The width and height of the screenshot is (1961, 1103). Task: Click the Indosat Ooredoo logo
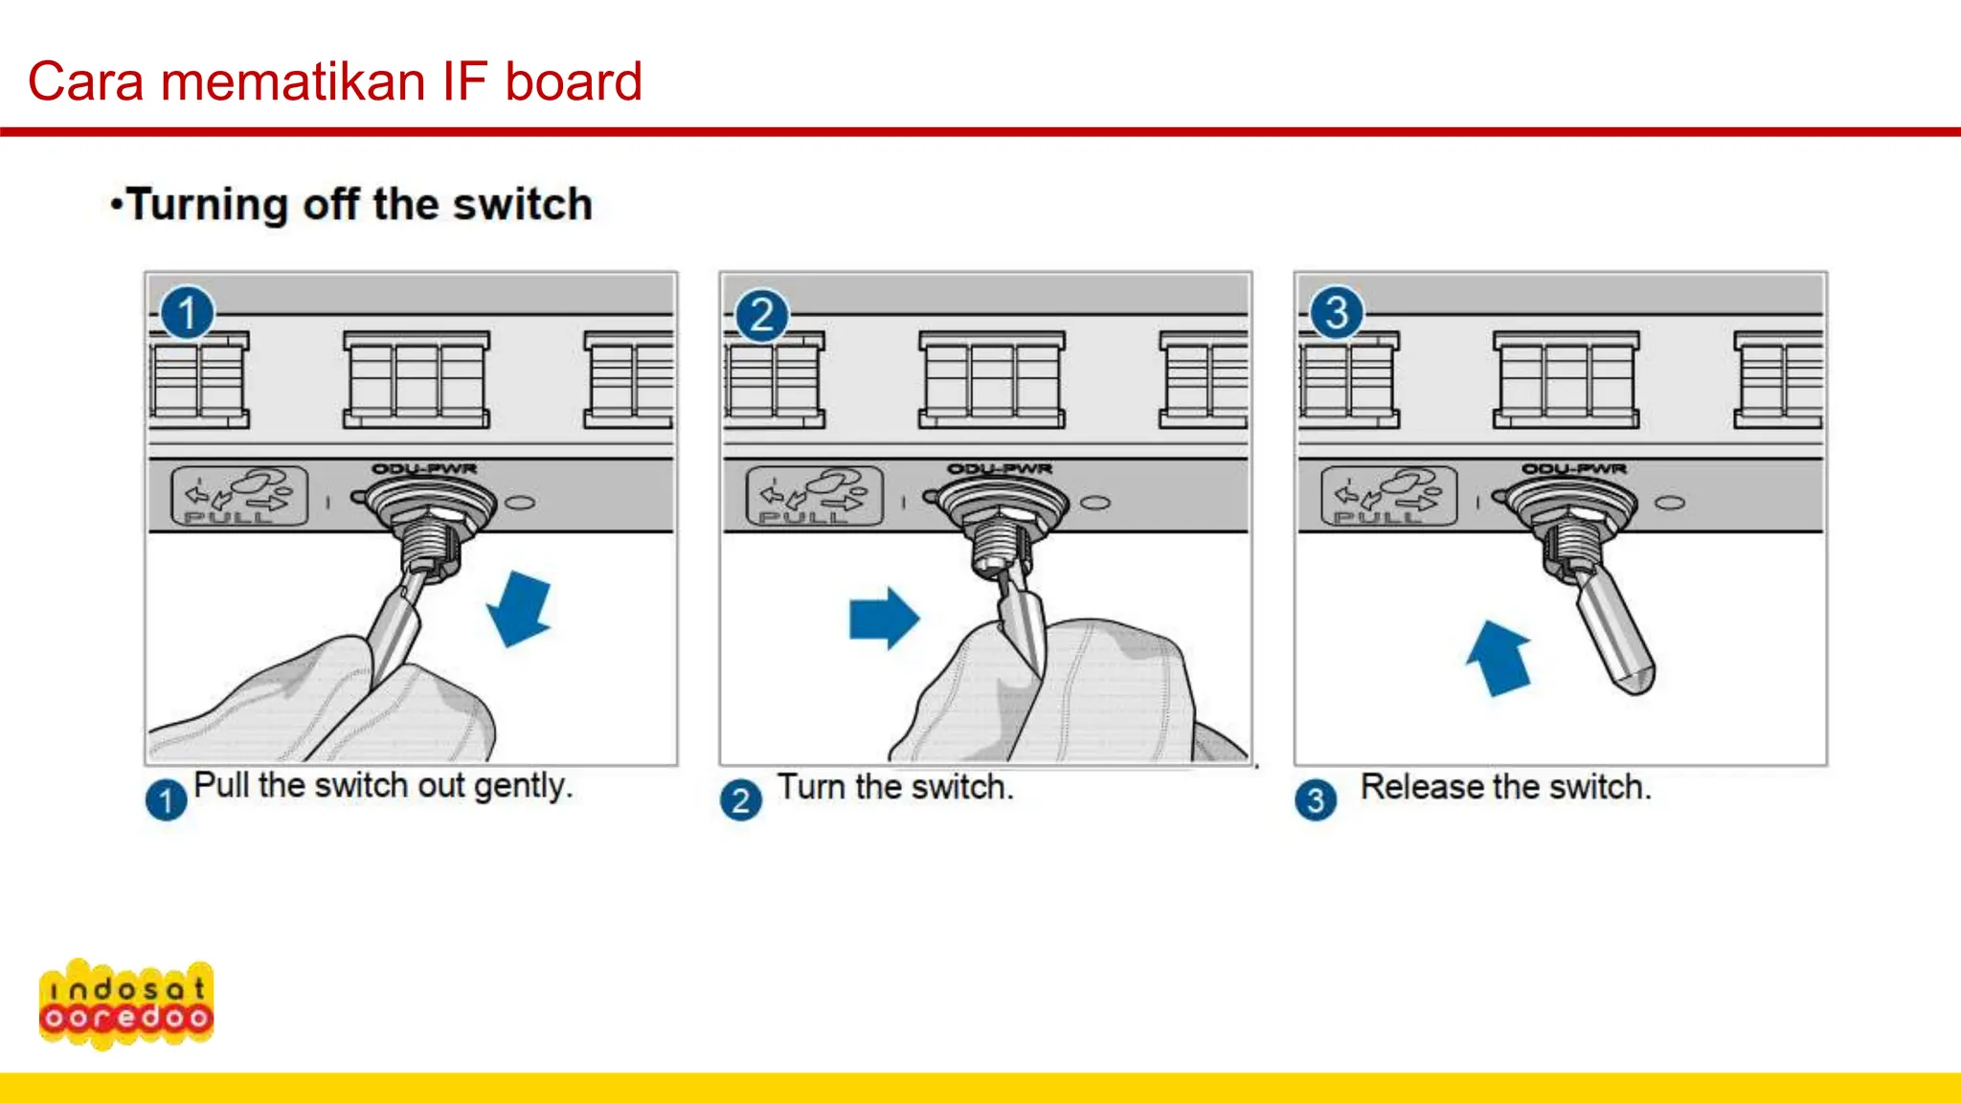point(125,1003)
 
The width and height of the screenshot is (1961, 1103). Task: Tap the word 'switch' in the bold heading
point(522,205)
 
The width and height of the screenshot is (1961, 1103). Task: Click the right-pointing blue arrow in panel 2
point(883,619)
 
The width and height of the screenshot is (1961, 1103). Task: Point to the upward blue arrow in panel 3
point(1499,658)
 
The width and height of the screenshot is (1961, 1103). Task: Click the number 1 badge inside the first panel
point(187,313)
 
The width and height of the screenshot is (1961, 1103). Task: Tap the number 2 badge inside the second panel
point(761,315)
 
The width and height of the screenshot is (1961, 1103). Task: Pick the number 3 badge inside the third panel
point(1336,313)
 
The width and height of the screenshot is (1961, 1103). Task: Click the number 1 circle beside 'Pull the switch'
point(166,799)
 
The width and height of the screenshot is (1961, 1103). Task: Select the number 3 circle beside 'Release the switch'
point(1316,799)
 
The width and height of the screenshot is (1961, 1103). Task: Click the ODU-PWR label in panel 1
point(424,469)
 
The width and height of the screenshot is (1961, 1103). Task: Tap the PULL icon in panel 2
point(814,496)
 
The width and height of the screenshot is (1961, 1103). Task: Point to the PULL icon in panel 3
point(1388,496)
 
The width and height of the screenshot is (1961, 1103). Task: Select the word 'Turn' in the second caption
point(811,787)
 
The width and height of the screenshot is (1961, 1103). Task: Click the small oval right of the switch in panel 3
point(1670,504)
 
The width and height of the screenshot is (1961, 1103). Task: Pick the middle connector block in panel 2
point(991,380)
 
